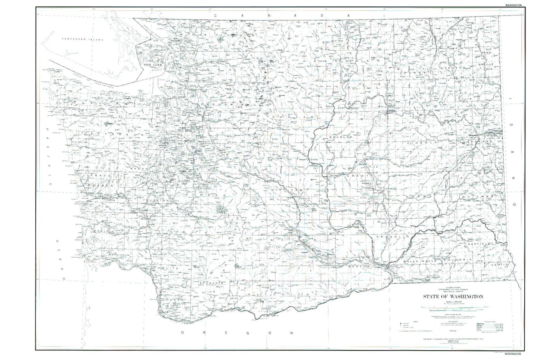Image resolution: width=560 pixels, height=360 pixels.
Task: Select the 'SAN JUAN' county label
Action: pyautogui.click(x=152, y=65)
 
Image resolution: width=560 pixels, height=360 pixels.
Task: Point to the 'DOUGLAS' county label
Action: pyautogui.click(x=339, y=137)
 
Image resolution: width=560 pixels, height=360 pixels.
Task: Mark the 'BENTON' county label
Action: pyautogui.click(x=360, y=267)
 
